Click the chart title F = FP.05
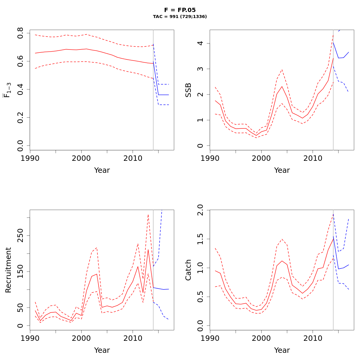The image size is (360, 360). [180, 10]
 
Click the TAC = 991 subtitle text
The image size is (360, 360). [180, 17]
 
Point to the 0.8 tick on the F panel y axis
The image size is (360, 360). [20, 33]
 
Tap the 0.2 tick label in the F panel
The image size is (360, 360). [20, 118]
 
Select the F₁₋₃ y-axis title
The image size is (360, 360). [8, 90]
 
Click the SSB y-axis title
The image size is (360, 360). [188, 90]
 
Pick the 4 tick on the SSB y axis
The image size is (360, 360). [200, 43]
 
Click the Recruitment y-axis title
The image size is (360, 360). [8, 270]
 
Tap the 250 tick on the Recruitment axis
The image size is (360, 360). [20, 235]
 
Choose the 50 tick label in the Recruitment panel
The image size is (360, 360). [20, 307]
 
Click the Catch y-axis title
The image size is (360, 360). [188, 270]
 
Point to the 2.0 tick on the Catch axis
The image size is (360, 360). [200, 210]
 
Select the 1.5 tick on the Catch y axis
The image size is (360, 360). [200, 239]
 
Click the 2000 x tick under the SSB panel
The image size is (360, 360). [261, 158]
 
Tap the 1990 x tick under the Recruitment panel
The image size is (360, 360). [30, 338]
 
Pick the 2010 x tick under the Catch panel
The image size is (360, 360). [313, 338]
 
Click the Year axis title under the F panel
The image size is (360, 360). [102, 170]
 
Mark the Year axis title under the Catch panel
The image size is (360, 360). [282, 350]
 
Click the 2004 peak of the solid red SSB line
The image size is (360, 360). [282, 86]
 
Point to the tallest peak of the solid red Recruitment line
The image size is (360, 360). [148, 250]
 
